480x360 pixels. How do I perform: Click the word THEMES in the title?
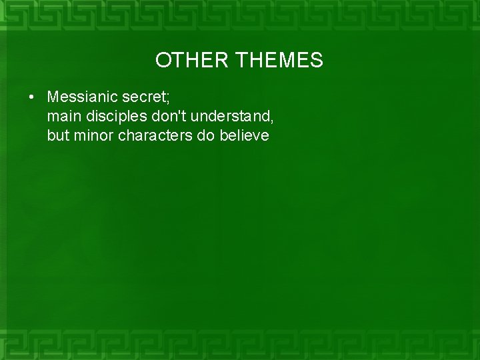tap(279, 61)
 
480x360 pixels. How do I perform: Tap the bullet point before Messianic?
tap(31, 97)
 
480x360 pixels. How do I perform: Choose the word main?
tap(62, 117)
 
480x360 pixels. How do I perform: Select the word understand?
tap(226, 117)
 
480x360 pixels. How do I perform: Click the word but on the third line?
tap(58, 136)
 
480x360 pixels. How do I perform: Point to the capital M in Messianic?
tap(53, 97)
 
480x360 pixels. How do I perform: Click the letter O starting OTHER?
tap(162, 61)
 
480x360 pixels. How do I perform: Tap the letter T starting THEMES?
tap(241, 61)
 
